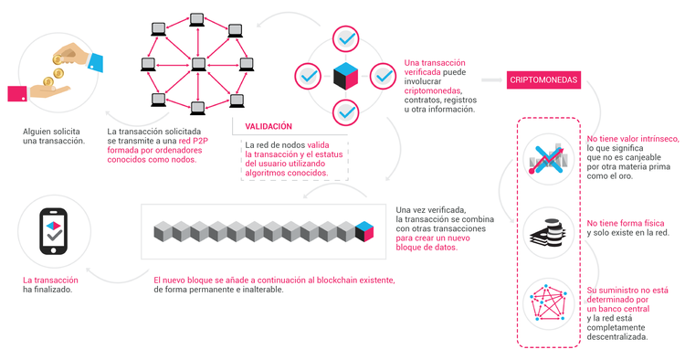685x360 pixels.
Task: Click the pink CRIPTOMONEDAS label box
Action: click(544, 80)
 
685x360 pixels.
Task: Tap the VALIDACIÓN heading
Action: click(269, 126)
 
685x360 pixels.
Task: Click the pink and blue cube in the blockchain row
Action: click(365, 230)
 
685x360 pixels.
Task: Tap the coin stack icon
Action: click(549, 230)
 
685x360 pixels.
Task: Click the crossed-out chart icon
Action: click(548, 158)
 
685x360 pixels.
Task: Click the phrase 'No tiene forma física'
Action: click(626, 222)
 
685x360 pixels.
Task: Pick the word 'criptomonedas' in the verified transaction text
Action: click(433, 91)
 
